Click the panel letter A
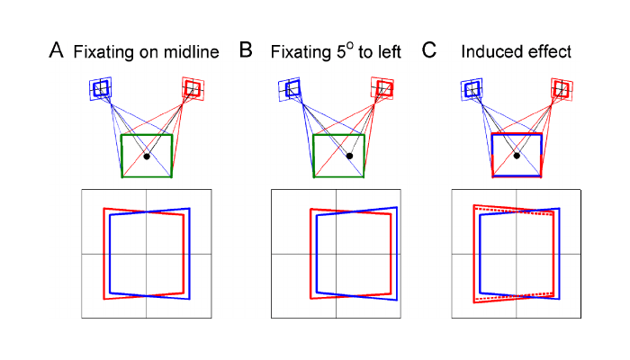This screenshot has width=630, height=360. tap(55, 51)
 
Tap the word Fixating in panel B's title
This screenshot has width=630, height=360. tap(299, 53)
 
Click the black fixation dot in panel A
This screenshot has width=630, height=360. tap(147, 156)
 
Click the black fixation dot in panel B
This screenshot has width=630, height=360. tap(348, 156)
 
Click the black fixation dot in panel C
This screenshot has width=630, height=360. tap(517, 156)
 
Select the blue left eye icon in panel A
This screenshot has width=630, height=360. tap(101, 88)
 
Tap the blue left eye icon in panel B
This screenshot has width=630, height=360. tap(291, 88)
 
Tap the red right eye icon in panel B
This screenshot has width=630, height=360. tap(382, 88)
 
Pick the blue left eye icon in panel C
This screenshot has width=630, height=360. tap(471, 88)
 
